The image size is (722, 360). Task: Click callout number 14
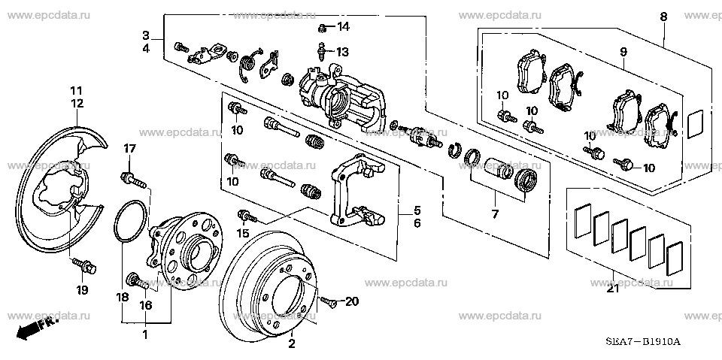point(343,28)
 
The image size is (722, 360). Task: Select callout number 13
point(343,52)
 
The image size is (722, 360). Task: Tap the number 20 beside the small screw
point(352,301)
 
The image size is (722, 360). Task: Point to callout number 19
point(82,289)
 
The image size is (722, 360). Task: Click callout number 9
point(623,52)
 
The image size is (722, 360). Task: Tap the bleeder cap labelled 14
point(321,29)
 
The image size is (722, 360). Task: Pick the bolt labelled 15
point(247,216)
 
